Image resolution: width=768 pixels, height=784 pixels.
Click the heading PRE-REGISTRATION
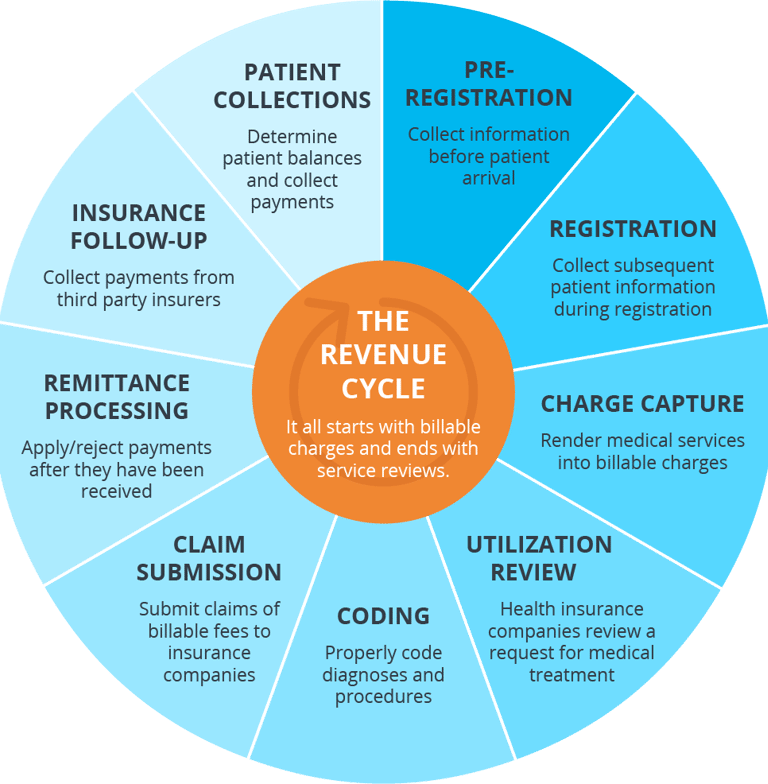click(x=489, y=84)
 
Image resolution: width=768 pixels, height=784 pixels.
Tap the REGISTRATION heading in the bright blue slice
click(x=633, y=229)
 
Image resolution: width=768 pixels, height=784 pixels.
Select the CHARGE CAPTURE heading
click(x=642, y=404)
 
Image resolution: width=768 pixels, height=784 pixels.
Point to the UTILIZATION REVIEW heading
click(x=539, y=558)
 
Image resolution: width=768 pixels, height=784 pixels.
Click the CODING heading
click(x=384, y=615)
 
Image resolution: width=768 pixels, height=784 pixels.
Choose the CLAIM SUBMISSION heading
click(x=209, y=558)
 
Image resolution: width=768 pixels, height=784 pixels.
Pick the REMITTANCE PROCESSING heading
click(x=117, y=396)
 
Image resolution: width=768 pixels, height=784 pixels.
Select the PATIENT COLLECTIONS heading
click(x=292, y=86)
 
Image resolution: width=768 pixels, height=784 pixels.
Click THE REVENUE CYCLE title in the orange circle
click(x=384, y=354)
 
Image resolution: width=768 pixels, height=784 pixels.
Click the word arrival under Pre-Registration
click(x=488, y=179)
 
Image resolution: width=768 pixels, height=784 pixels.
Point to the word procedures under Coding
click(x=384, y=697)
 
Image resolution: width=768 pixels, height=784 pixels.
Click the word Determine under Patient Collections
click(x=292, y=137)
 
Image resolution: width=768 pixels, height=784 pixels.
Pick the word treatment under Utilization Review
click(x=572, y=675)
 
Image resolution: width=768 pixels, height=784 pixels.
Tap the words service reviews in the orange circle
click(x=382, y=470)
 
